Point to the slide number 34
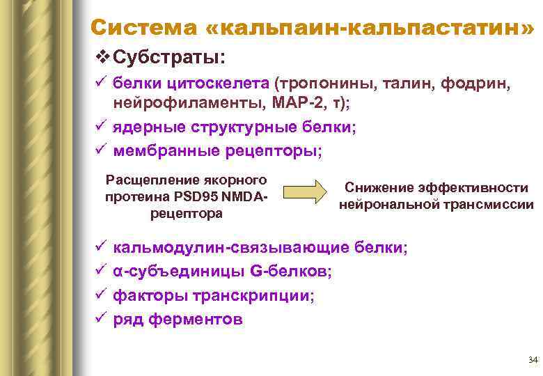point(533,360)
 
